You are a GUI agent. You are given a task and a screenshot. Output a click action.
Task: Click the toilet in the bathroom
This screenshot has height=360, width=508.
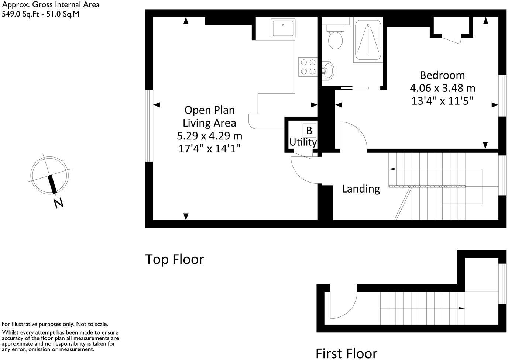[336, 39]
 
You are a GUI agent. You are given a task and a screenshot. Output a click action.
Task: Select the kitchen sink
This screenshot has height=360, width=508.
[283, 29]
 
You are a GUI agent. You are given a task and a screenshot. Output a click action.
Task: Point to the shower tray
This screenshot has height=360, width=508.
[368, 41]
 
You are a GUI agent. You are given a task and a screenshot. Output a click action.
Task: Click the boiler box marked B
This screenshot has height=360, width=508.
[309, 130]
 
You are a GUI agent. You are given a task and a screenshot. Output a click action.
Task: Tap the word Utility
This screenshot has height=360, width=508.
[303, 142]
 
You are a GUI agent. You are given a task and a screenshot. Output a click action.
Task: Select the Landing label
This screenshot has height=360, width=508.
[360, 189]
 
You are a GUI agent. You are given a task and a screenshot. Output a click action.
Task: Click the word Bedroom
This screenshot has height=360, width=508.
[442, 75]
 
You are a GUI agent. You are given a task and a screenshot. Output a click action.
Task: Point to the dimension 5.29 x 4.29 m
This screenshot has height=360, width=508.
[209, 136]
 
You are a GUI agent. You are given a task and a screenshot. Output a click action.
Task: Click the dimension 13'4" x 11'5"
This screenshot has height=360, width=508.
[442, 101]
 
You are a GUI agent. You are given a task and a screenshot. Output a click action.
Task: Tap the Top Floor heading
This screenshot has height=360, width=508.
[174, 259]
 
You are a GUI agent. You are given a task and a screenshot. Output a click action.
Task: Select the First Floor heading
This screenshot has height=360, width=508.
[346, 353]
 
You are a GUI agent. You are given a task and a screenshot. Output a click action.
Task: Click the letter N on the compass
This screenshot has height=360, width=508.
[58, 203]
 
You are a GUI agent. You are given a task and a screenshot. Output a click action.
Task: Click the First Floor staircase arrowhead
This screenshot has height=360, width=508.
[462, 308]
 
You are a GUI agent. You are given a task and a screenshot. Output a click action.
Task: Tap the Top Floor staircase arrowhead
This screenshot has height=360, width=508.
[391, 169]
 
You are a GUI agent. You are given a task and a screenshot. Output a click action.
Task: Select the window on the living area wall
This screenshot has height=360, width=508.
[149, 126]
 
